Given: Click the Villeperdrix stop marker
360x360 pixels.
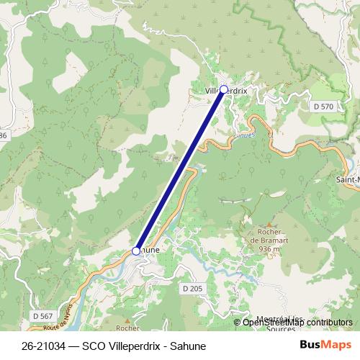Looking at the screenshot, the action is [x=223, y=89].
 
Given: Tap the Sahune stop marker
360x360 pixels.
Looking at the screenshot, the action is [x=136, y=251].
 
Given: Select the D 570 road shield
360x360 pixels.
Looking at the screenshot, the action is [x=324, y=107].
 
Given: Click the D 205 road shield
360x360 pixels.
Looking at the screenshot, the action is [x=192, y=289].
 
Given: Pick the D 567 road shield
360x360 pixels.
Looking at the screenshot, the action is [x=42, y=315].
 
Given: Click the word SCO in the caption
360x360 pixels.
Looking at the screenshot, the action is [x=94, y=346].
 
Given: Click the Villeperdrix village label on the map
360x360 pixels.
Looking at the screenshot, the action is [x=225, y=91].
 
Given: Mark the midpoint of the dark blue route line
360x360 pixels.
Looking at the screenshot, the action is [x=180, y=170].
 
